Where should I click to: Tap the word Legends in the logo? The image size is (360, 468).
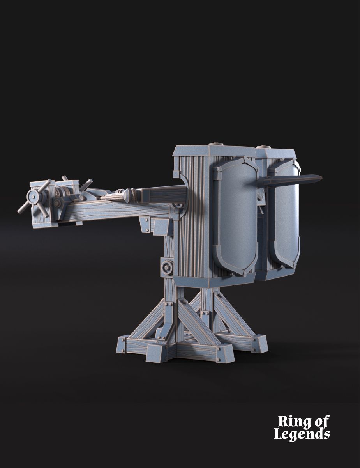coord(302,434)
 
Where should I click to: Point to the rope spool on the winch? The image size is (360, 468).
coord(61,192)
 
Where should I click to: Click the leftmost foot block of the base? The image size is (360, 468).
coord(124,344)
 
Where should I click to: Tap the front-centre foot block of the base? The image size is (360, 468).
coord(223,353)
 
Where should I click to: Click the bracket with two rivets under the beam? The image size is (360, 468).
coord(146,224)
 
